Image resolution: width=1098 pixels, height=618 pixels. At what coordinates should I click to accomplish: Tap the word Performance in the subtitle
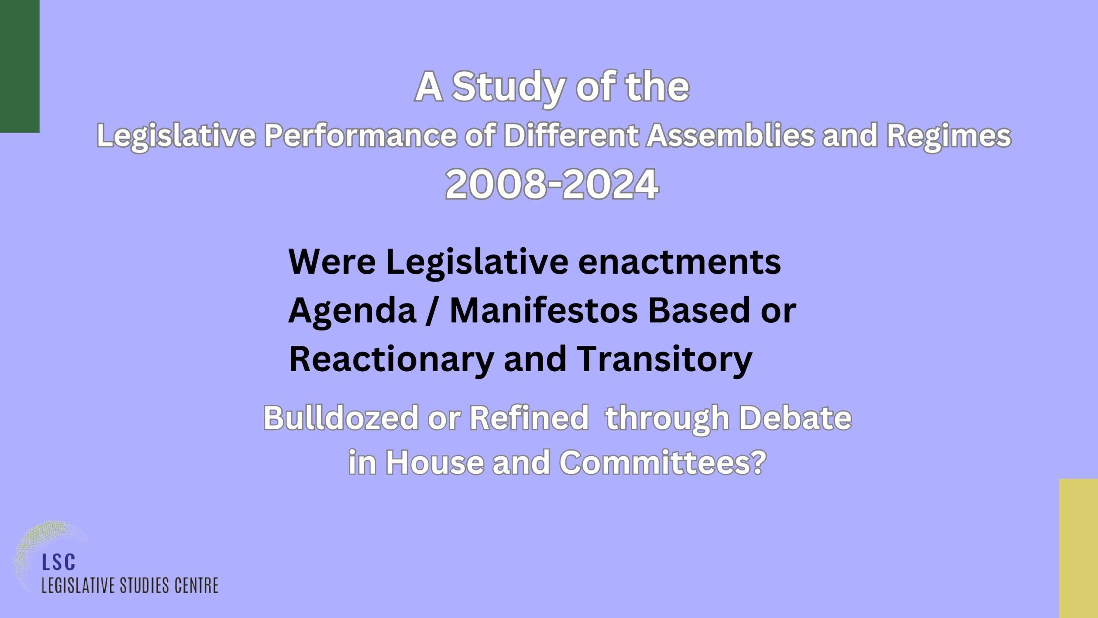(x=360, y=136)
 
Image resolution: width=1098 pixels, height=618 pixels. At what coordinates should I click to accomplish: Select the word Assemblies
(x=730, y=136)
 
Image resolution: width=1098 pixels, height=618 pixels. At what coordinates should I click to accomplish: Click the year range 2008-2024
(x=552, y=185)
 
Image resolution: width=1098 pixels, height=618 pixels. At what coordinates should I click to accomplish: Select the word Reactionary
(x=391, y=360)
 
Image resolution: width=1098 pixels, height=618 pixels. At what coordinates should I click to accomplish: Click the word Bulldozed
(x=341, y=418)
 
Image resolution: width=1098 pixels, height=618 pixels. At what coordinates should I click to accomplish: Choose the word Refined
(x=529, y=418)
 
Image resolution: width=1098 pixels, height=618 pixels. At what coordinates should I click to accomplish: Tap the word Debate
(x=795, y=418)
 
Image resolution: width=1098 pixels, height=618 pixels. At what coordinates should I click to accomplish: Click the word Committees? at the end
(x=663, y=463)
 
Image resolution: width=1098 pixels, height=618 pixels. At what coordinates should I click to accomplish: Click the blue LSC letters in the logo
(x=59, y=562)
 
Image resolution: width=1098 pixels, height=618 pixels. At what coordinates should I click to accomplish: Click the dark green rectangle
(x=20, y=66)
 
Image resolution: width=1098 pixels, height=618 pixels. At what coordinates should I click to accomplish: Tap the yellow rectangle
(x=1078, y=548)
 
